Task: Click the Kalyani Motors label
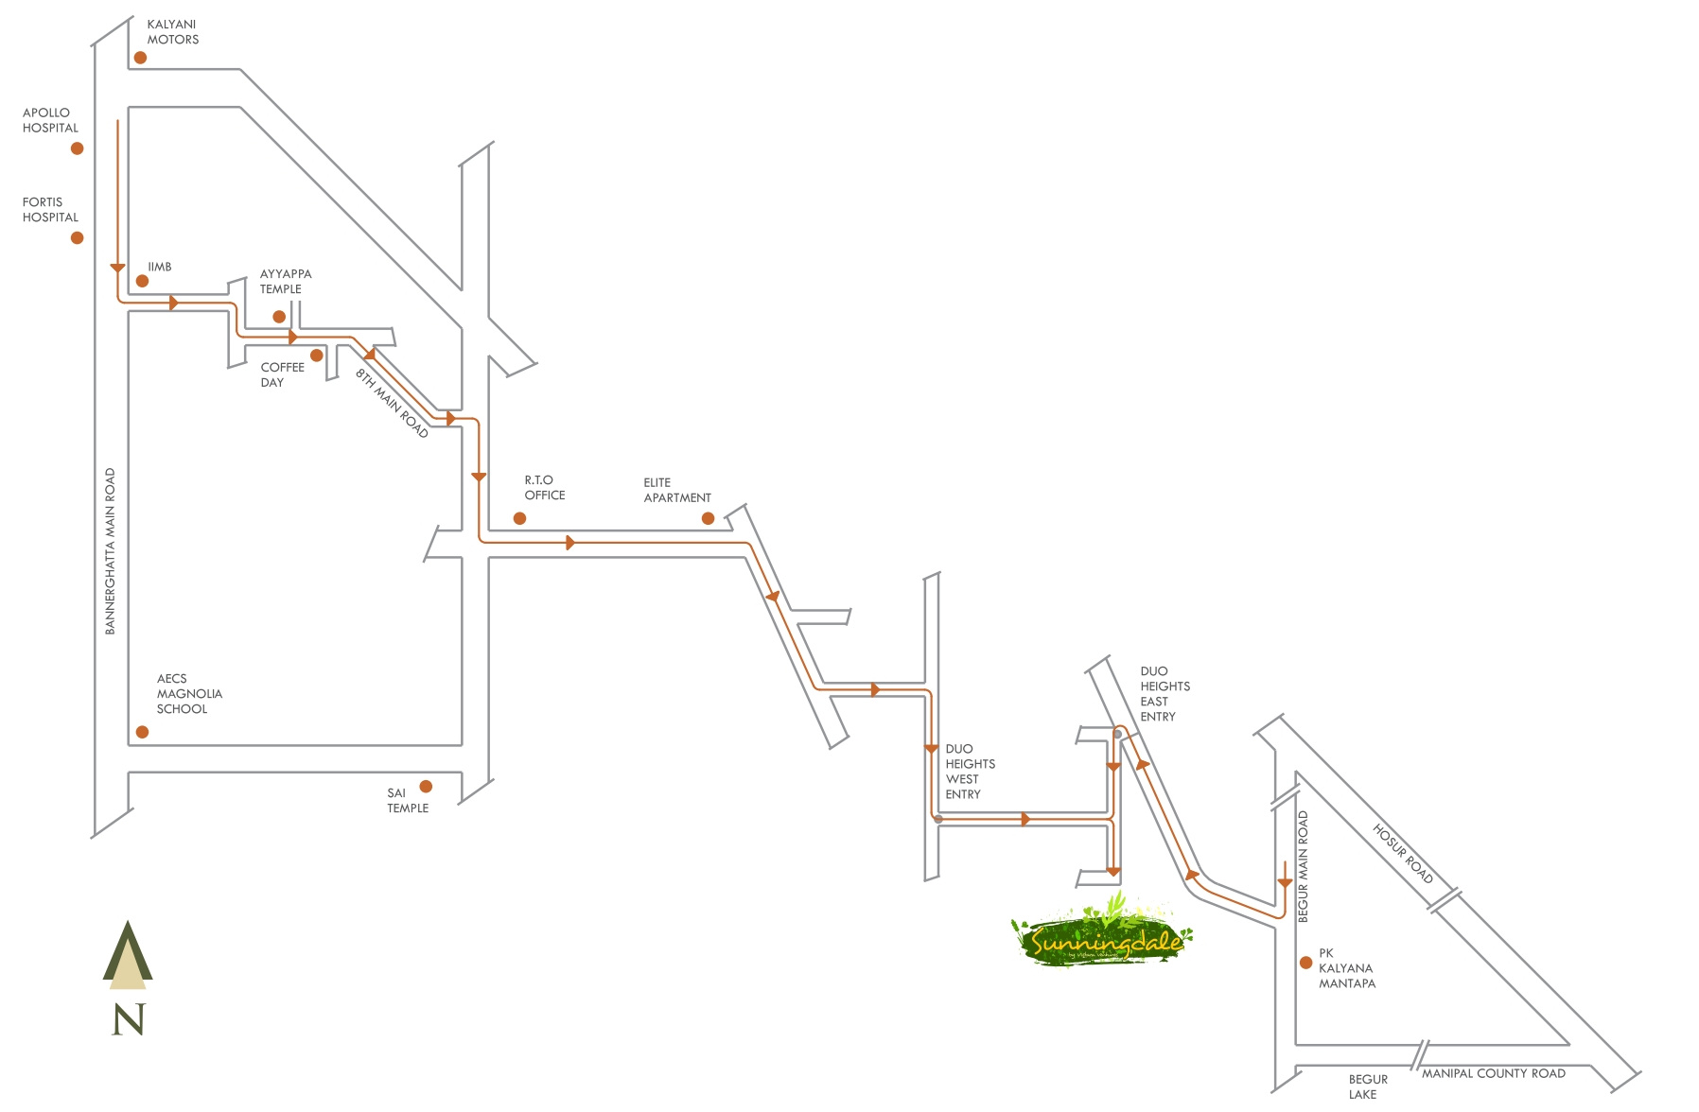click(172, 32)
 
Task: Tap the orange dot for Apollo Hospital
click(78, 148)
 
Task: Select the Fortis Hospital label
click(50, 210)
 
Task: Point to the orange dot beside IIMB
click(142, 281)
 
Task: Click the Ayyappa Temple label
click(285, 282)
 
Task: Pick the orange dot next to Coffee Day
click(317, 356)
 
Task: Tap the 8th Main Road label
click(392, 403)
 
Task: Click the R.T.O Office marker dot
click(519, 518)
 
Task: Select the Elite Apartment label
click(676, 490)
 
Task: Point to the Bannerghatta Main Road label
click(111, 551)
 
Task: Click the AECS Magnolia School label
click(188, 694)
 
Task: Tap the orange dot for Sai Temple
click(426, 787)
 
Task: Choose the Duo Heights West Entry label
click(970, 772)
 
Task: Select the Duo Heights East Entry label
click(1165, 694)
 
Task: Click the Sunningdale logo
click(1103, 939)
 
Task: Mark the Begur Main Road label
click(1303, 866)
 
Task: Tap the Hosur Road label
click(1403, 854)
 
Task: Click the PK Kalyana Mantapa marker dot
click(1306, 963)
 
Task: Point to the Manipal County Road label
click(1493, 1073)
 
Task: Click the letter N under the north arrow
click(129, 1019)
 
